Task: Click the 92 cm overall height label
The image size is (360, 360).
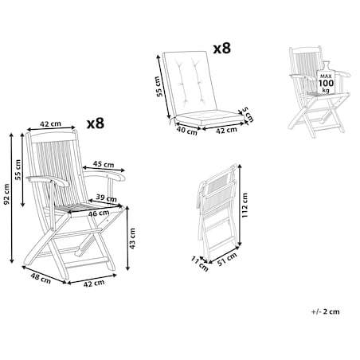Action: click(x=6, y=194)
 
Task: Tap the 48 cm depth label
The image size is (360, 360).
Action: click(x=41, y=278)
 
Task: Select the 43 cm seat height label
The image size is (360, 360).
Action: click(x=132, y=238)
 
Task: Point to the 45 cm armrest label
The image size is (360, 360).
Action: click(x=104, y=164)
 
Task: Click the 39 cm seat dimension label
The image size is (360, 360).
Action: click(x=106, y=198)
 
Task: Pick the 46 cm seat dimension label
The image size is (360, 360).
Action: click(x=99, y=213)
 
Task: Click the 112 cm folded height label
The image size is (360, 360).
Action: click(x=245, y=205)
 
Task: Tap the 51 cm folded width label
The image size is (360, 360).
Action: click(x=227, y=259)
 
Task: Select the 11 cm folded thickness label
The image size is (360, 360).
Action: click(x=200, y=264)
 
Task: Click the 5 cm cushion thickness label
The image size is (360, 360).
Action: click(x=248, y=115)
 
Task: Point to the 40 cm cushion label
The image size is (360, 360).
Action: click(x=187, y=131)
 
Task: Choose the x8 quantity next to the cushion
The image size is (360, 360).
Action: click(x=222, y=49)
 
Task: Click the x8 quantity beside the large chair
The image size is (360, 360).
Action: click(x=96, y=123)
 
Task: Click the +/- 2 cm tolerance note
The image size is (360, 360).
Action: click(x=326, y=311)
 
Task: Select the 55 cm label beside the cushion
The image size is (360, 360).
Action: click(x=158, y=86)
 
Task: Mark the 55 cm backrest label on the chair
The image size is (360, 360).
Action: click(x=18, y=170)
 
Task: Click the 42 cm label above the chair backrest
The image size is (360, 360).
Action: click(x=50, y=124)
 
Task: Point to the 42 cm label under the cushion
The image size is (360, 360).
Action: click(x=226, y=130)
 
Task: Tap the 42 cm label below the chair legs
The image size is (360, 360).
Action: click(x=94, y=284)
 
